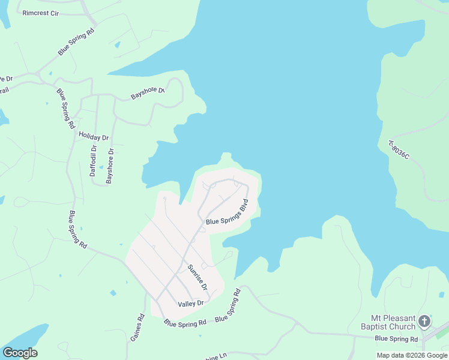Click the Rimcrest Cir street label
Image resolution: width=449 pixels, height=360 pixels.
coord(41,13)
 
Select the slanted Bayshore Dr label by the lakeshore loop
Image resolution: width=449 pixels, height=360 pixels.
coord(148,94)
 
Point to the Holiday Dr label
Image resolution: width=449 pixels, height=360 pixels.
coord(93,137)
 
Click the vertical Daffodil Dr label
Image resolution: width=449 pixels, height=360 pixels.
coord(93,161)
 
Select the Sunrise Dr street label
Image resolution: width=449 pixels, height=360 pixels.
coord(197,277)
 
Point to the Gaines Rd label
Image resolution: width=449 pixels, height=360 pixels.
coord(137,328)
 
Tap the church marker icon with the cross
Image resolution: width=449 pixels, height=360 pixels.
coord(424,322)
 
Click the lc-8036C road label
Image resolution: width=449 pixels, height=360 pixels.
coord(399,149)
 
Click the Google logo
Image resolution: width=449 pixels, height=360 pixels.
coord(20,353)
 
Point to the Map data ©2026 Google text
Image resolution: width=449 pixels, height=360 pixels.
coord(412,355)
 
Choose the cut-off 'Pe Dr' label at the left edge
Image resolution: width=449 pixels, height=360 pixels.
coord(6,79)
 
